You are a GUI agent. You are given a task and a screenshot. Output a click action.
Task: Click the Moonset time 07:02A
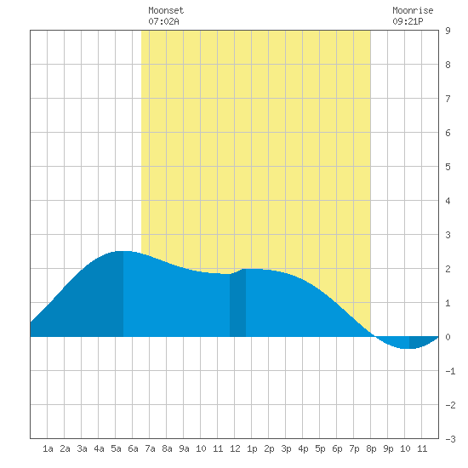tap(163, 21)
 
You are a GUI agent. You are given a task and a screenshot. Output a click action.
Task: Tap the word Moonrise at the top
tap(413, 10)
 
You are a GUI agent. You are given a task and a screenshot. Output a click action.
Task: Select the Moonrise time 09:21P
tap(408, 21)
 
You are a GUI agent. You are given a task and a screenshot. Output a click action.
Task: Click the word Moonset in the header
tap(166, 10)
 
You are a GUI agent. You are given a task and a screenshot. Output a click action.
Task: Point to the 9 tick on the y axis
tap(448, 31)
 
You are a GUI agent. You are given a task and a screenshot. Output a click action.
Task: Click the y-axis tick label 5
tap(448, 167)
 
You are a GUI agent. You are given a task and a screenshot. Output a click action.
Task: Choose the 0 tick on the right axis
tap(448, 337)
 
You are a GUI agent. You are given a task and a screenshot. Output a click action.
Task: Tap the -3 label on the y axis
tap(450, 439)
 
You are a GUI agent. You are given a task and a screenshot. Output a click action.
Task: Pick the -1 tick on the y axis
tap(450, 371)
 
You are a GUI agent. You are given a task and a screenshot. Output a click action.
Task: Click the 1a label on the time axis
tap(48, 448)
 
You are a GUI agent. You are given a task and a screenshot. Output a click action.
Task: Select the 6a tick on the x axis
tap(133, 448)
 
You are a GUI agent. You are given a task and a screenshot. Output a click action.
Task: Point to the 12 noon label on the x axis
tap(235, 448)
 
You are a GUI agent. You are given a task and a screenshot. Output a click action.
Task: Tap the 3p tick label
tap(286, 448)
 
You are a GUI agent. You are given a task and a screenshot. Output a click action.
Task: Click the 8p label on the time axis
tap(371, 448)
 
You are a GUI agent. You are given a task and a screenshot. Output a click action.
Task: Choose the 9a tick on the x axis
tap(184, 448)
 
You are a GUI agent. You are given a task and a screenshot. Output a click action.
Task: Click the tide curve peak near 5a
tap(123, 251)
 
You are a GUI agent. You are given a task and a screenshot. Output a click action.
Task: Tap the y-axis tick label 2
tap(448, 269)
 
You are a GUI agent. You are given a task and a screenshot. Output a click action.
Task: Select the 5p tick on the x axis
tap(320, 448)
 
